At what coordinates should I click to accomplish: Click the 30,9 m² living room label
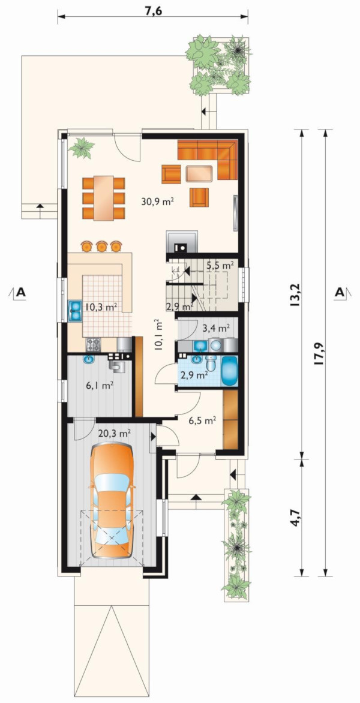[x=157, y=202]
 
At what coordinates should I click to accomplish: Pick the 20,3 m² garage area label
[x=115, y=433]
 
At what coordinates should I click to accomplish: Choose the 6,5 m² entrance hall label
[x=203, y=420]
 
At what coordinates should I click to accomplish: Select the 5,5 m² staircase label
[x=220, y=265]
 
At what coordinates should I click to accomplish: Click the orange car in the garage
[x=111, y=500]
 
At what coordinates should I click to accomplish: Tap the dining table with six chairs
[x=104, y=198]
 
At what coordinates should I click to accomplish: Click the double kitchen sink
[x=75, y=310]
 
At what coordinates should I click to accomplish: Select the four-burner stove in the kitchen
[x=94, y=344]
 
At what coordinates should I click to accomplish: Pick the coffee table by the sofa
[x=199, y=173]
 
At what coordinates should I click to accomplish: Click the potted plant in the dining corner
[x=81, y=147]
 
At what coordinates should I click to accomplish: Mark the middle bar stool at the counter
[x=100, y=246]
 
